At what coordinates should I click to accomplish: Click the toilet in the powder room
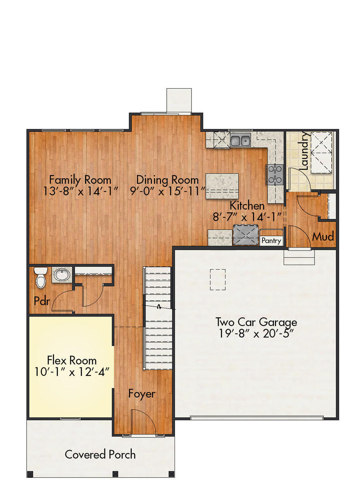point(41,277)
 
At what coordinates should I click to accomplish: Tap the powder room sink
point(61,275)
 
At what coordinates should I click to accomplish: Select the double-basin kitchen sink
point(240,140)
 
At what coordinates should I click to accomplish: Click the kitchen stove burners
point(275,174)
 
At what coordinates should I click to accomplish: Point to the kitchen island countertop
point(222,185)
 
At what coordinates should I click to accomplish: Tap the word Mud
point(323,237)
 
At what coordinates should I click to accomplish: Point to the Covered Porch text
point(100,454)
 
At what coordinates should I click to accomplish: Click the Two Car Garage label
point(256,322)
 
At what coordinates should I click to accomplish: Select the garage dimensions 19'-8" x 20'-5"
point(256,333)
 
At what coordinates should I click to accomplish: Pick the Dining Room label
point(167,180)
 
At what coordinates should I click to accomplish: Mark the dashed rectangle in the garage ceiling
point(218,279)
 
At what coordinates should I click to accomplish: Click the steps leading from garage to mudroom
point(299,257)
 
